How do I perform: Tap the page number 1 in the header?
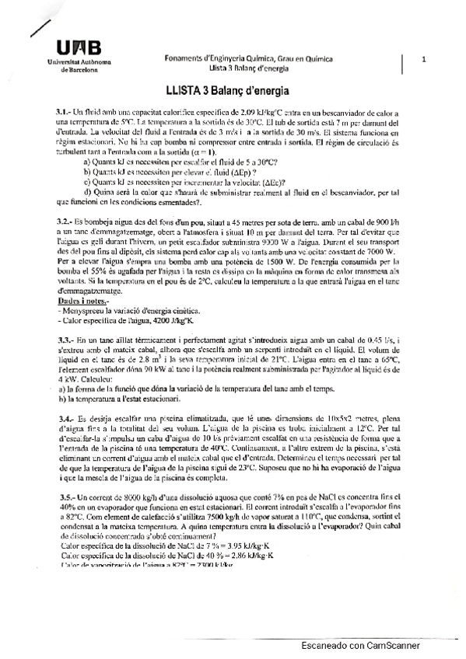click(423, 58)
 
